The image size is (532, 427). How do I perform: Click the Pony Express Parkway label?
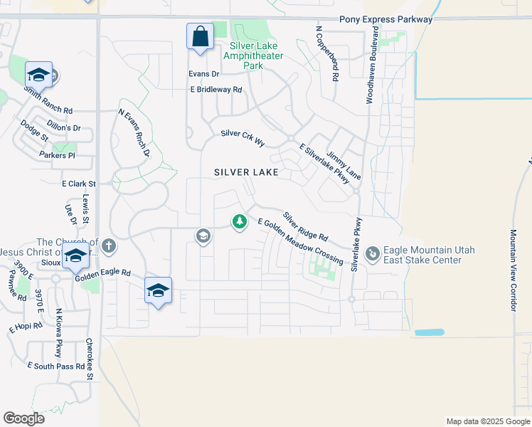point(386,19)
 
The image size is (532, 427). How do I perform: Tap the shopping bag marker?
point(200,36)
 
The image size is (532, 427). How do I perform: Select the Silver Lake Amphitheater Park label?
point(252,60)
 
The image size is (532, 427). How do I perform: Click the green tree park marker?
point(240,223)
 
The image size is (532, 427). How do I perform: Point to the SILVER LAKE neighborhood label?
point(247,172)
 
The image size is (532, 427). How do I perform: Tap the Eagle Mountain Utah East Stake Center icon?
point(372,254)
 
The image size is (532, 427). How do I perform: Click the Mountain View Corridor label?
point(513,270)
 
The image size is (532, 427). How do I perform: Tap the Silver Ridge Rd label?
point(305,226)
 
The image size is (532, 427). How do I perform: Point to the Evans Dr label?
point(204,73)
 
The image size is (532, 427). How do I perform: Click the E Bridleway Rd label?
point(216,90)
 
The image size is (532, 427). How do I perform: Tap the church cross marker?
point(108,246)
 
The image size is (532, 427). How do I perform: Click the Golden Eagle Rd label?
point(106,273)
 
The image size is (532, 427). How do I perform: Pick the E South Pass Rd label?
point(56,366)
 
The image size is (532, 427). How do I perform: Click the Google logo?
point(23,418)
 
